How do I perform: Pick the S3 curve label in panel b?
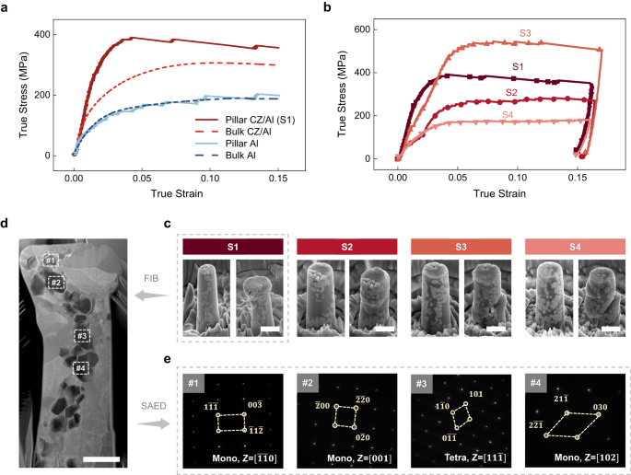click(524, 33)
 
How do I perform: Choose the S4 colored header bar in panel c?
click(565, 247)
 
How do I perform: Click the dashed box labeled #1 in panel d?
click(50, 261)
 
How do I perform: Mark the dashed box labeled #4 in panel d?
click(81, 368)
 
